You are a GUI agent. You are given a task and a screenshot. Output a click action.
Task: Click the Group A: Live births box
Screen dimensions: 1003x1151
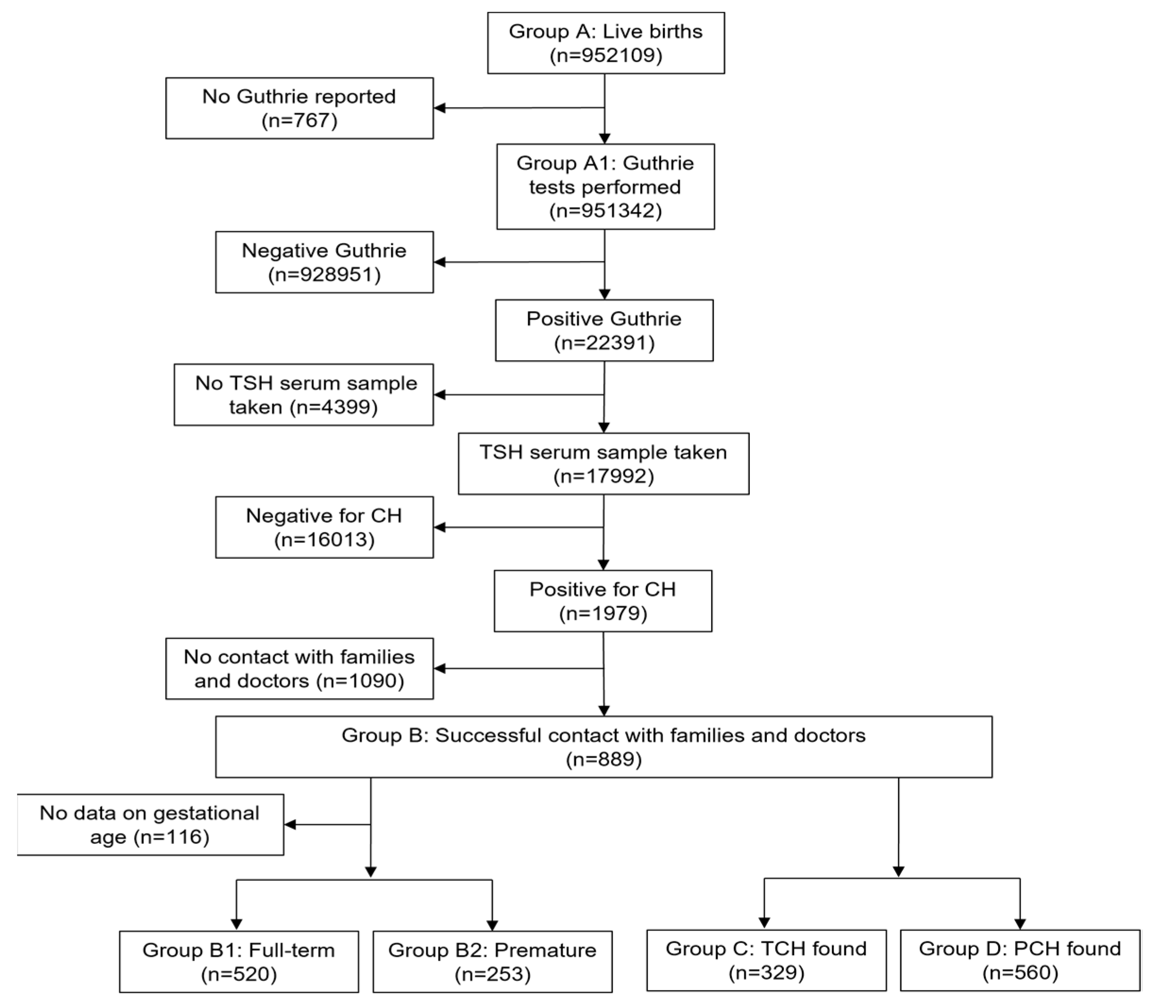point(605,43)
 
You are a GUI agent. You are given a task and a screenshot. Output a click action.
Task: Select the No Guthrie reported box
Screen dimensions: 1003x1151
point(299,108)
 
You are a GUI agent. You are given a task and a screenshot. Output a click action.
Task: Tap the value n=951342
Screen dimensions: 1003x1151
point(605,211)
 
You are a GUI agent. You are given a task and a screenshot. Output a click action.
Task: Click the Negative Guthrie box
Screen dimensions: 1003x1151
point(324,262)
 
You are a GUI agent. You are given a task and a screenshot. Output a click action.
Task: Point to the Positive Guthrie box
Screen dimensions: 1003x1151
point(604,330)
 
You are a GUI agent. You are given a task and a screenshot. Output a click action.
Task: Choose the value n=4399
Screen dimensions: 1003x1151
point(334,407)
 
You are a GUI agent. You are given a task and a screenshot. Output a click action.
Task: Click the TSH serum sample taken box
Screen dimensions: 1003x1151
point(603,464)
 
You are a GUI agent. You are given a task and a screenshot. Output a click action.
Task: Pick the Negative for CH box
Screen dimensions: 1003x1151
point(324,527)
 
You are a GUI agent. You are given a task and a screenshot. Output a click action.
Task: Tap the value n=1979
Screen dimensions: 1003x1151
point(603,614)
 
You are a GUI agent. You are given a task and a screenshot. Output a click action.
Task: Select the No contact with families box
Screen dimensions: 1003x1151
point(299,668)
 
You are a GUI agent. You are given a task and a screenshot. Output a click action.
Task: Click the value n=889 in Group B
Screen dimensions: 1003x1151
point(604,759)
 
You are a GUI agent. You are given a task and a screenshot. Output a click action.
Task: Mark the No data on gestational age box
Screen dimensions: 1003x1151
point(150,825)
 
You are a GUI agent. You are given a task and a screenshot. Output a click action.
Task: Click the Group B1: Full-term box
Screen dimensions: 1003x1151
point(238,961)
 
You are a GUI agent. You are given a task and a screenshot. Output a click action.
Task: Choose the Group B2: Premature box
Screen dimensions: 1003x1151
point(492,961)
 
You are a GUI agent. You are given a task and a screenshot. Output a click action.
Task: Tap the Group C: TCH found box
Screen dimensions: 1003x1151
point(766,961)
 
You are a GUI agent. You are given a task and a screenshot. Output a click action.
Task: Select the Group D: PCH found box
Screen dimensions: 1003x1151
point(1019,961)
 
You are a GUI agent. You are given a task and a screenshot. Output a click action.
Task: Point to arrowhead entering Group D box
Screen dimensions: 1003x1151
point(1019,924)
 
